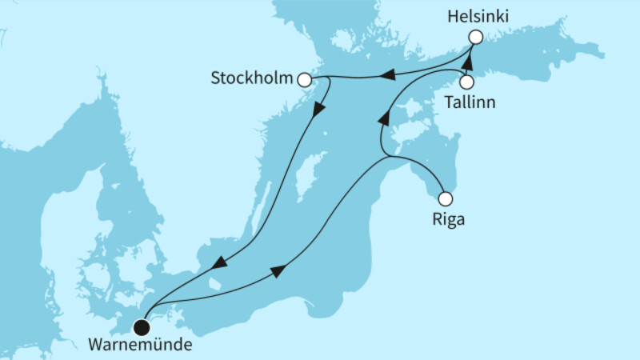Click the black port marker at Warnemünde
point(142,326)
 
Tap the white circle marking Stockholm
point(304,79)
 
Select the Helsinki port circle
point(475,37)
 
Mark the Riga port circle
point(446,198)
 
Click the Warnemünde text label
point(142,346)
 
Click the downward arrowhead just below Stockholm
point(320,110)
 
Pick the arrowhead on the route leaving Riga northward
point(383,118)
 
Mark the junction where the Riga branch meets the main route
point(390,158)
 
